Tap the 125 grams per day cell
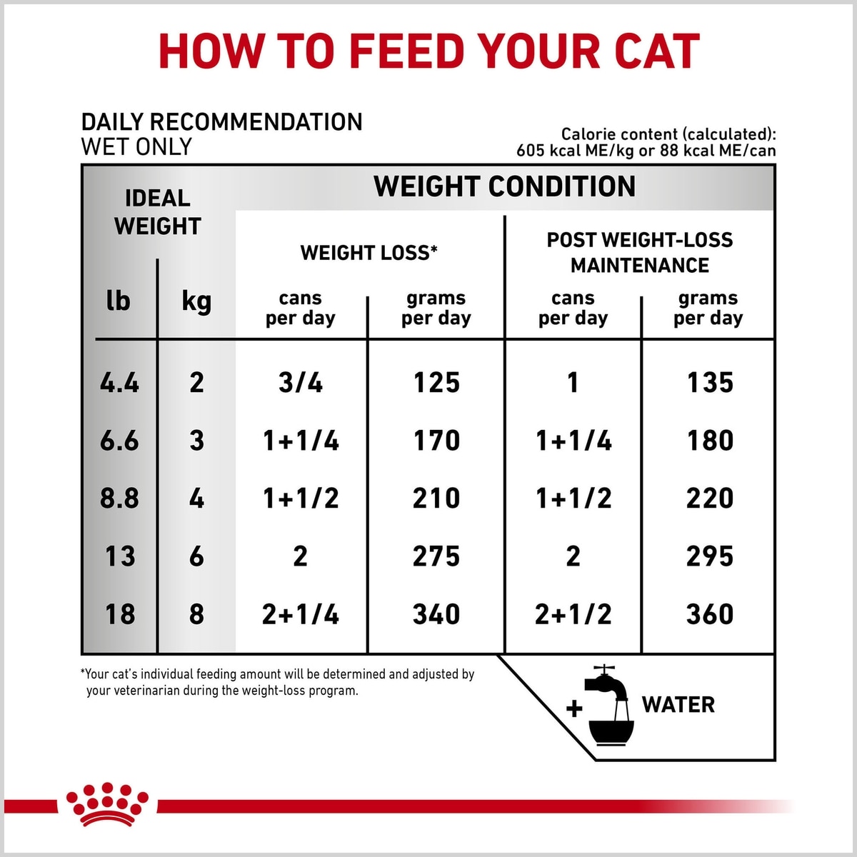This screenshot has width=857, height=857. tap(436, 383)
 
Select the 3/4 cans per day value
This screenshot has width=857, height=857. tap(300, 383)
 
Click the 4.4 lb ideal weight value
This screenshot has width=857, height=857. tap(119, 383)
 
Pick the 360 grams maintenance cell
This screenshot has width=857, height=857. tap(709, 613)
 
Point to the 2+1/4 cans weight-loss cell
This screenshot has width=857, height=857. tap(300, 613)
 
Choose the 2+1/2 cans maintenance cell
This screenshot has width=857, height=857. tap(573, 613)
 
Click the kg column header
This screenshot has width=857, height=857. tap(196, 302)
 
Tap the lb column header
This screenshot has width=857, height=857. tap(119, 301)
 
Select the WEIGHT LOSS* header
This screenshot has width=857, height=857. tap(369, 253)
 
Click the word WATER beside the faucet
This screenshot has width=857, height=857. tap(678, 704)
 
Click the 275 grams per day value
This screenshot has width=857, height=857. tap(436, 556)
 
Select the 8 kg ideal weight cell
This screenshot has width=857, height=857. tap(196, 613)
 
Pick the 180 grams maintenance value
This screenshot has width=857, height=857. tap(710, 441)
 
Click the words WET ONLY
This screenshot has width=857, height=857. tap(136, 146)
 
